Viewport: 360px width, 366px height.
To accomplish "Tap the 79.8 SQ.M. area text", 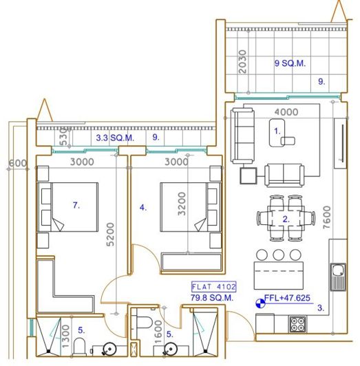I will (213, 298).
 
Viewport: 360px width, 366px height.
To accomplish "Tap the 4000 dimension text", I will (286, 111).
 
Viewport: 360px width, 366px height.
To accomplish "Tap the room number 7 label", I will (77, 204).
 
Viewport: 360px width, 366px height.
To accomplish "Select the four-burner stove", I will (297, 324).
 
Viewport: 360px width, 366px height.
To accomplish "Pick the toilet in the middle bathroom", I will (143, 324).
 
